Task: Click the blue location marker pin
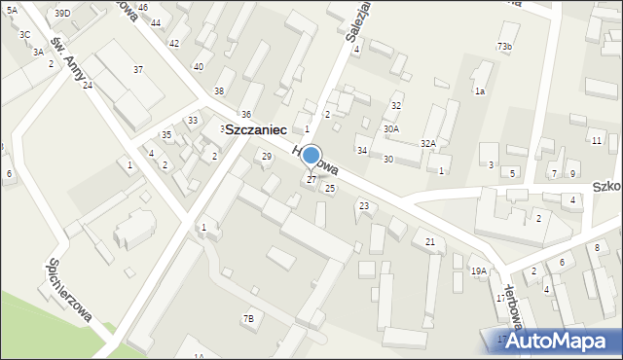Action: [x=311, y=157]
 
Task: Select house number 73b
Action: [x=504, y=47]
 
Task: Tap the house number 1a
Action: [x=479, y=90]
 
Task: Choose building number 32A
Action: [x=428, y=143]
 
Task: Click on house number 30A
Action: [x=390, y=128]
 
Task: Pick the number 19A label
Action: [x=478, y=271]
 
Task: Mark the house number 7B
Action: [x=248, y=318]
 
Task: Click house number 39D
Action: [x=62, y=13]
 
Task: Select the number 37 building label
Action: [x=138, y=69]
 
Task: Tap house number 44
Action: [x=156, y=22]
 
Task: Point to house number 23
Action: [x=364, y=205]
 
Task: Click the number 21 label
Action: [x=429, y=241]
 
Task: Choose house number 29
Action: [x=267, y=156]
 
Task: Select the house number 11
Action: [x=596, y=141]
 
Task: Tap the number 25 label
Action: [x=330, y=188]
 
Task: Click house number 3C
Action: [x=24, y=34]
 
